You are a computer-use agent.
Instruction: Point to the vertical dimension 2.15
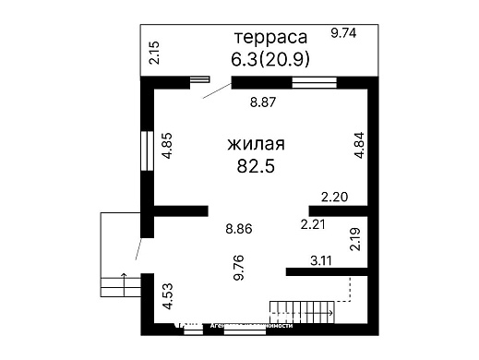coord(155,53)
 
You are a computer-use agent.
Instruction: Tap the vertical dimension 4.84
coord(359,148)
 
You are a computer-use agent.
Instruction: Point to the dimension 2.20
coord(335,196)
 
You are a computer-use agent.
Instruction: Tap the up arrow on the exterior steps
coord(123,281)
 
